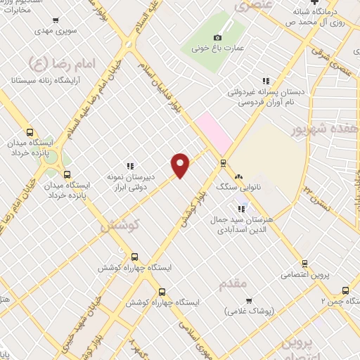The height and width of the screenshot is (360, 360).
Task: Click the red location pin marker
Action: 181,165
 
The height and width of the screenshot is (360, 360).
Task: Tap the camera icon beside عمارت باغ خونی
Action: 217,37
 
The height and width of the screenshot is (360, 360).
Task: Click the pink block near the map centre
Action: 214,133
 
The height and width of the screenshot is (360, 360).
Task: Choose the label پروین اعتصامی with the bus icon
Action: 304,274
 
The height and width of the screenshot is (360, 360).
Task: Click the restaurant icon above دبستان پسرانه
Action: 266,81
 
